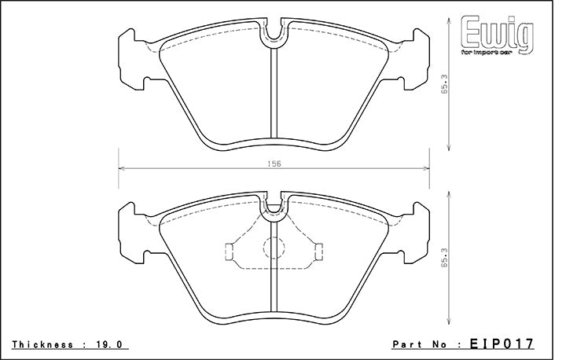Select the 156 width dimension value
pyautogui.click(x=273, y=163)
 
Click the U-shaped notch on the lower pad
pyautogui.click(x=273, y=207)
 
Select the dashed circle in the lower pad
pyautogui.click(x=273, y=250)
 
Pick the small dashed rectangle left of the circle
pyautogui.click(x=229, y=251)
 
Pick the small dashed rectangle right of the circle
pyautogui.click(x=318, y=251)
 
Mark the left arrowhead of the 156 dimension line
pyautogui.click(x=120, y=168)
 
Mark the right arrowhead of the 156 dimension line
pyautogui.click(x=426, y=168)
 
